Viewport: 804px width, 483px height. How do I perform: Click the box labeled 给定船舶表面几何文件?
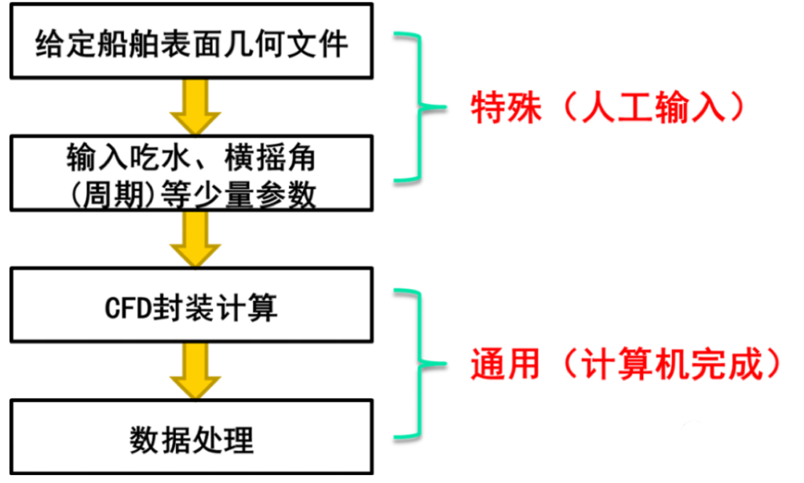[191, 44]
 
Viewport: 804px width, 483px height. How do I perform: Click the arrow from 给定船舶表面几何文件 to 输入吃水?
[191, 106]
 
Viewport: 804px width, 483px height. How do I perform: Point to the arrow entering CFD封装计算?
[191, 238]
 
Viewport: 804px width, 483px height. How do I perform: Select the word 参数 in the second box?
[291, 193]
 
